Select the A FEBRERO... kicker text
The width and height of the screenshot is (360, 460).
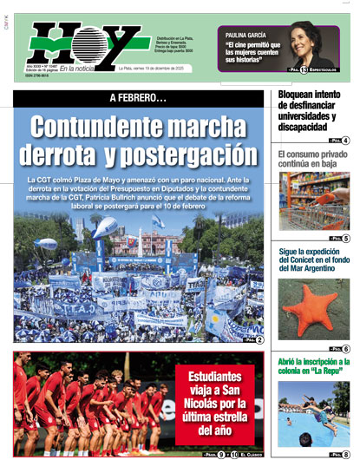[137, 98]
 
